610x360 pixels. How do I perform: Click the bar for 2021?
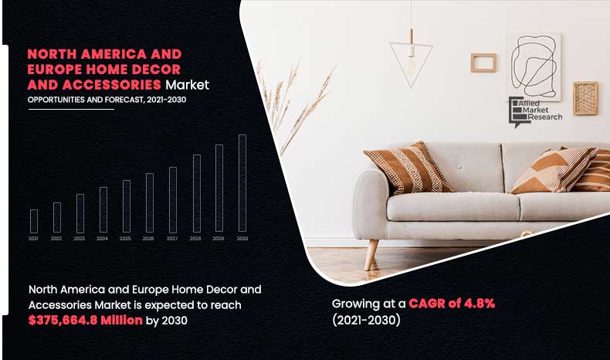(x=34, y=221)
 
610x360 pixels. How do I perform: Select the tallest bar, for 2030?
(x=242, y=184)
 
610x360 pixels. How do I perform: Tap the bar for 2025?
(x=127, y=206)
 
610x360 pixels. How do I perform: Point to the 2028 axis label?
(x=196, y=239)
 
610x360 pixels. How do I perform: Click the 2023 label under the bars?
(x=80, y=239)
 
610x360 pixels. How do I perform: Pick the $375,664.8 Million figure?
(x=86, y=321)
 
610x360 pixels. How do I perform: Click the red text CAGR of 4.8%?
(x=452, y=304)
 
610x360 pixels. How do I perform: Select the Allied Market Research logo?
(x=534, y=113)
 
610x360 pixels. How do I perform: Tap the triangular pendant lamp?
(x=411, y=57)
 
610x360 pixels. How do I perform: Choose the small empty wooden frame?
(x=483, y=62)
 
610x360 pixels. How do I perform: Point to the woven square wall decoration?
(x=585, y=98)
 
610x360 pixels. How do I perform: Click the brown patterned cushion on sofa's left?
(x=407, y=168)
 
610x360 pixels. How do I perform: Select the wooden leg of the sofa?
(x=372, y=250)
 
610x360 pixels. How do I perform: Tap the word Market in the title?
(x=187, y=84)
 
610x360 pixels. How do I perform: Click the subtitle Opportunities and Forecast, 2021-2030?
(x=107, y=100)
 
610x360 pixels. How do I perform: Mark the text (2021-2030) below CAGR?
(x=367, y=320)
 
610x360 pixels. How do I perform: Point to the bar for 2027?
(x=173, y=200)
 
